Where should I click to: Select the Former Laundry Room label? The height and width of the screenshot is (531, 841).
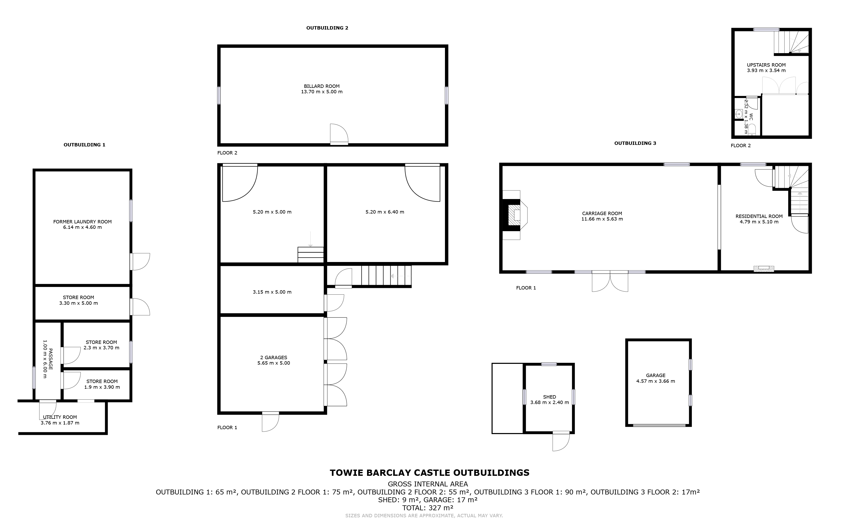[x=82, y=222]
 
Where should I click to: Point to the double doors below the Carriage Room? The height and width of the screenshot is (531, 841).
[x=610, y=281]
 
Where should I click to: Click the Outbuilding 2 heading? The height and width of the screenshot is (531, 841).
[x=327, y=28]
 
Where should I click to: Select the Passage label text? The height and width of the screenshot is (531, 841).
[x=48, y=359]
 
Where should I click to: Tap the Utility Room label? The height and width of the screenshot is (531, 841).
[x=60, y=417]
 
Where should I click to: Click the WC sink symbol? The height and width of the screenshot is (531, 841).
[x=738, y=114]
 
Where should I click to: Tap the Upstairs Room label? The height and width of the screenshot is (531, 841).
[x=766, y=65]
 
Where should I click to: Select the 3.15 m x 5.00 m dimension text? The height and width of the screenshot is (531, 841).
[x=272, y=292]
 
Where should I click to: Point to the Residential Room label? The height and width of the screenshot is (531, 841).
[x=759, y=216]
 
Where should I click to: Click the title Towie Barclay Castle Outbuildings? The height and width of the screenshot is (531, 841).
[x=429, y=473]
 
